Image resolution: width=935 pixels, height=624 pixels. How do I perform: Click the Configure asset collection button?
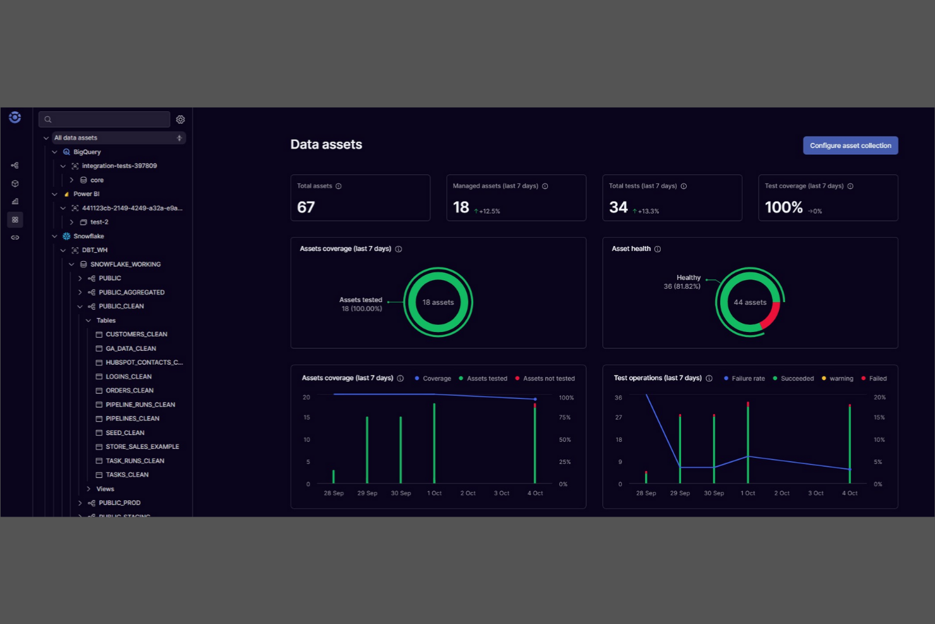pyautogui.click(x=850, y=145)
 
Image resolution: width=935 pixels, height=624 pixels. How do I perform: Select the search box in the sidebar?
pyautogui.click(x=104, y=119)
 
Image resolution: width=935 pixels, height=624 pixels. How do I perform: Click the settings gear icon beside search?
pyautogui.click(x=181, y=119)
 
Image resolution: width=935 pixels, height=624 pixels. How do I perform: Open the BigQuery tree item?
pyautogui.click(x=87, y=152)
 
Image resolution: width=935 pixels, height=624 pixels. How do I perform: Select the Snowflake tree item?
pyautogui.click(x=88, y=236)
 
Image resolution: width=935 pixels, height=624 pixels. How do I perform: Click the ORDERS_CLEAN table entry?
pyautogui.click(x=130, y=391)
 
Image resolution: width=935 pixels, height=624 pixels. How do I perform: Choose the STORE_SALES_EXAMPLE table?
pyautogui.click(x=142, y=447)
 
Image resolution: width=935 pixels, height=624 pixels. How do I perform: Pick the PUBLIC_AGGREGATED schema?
pyautogui.click(x=131, y=292)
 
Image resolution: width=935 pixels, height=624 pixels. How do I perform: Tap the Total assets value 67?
pyautogui.click(x=306, y=207)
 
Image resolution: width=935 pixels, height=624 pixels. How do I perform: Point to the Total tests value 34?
pyautogui.click(x=618, y=207)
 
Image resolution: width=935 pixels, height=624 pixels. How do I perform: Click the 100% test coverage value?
pyautogui.click(x=783, y=207)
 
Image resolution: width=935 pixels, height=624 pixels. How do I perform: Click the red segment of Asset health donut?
pyautogui.click(x=772, y=317)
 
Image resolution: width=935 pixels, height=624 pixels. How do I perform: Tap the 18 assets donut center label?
pyautogui.click(x=438, y=302)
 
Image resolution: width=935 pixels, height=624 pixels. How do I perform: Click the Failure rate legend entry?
pyautogui.click(x=747, y=379)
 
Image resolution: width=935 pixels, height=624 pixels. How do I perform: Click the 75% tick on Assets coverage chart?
pyautogui.click(x=564, y=417)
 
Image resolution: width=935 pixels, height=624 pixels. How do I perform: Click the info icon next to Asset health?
pyautogui.click(x=658, y=249)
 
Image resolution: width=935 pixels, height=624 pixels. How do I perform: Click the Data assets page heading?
pyautogui.click(x=326, y=145)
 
